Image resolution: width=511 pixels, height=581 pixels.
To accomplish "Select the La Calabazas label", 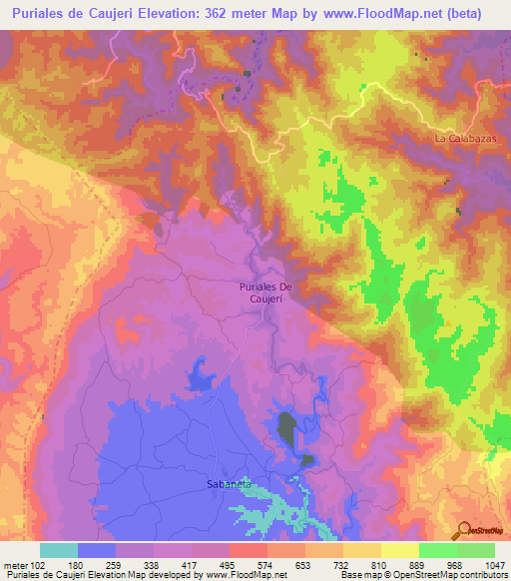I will point(465,138).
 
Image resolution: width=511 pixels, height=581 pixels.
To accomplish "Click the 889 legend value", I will point(419,565).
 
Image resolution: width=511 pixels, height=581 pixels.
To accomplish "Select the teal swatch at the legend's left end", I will point(59,550).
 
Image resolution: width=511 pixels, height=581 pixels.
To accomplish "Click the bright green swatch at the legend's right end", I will point(475,550).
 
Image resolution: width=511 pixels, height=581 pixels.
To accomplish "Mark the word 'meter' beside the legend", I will point(14,565).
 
